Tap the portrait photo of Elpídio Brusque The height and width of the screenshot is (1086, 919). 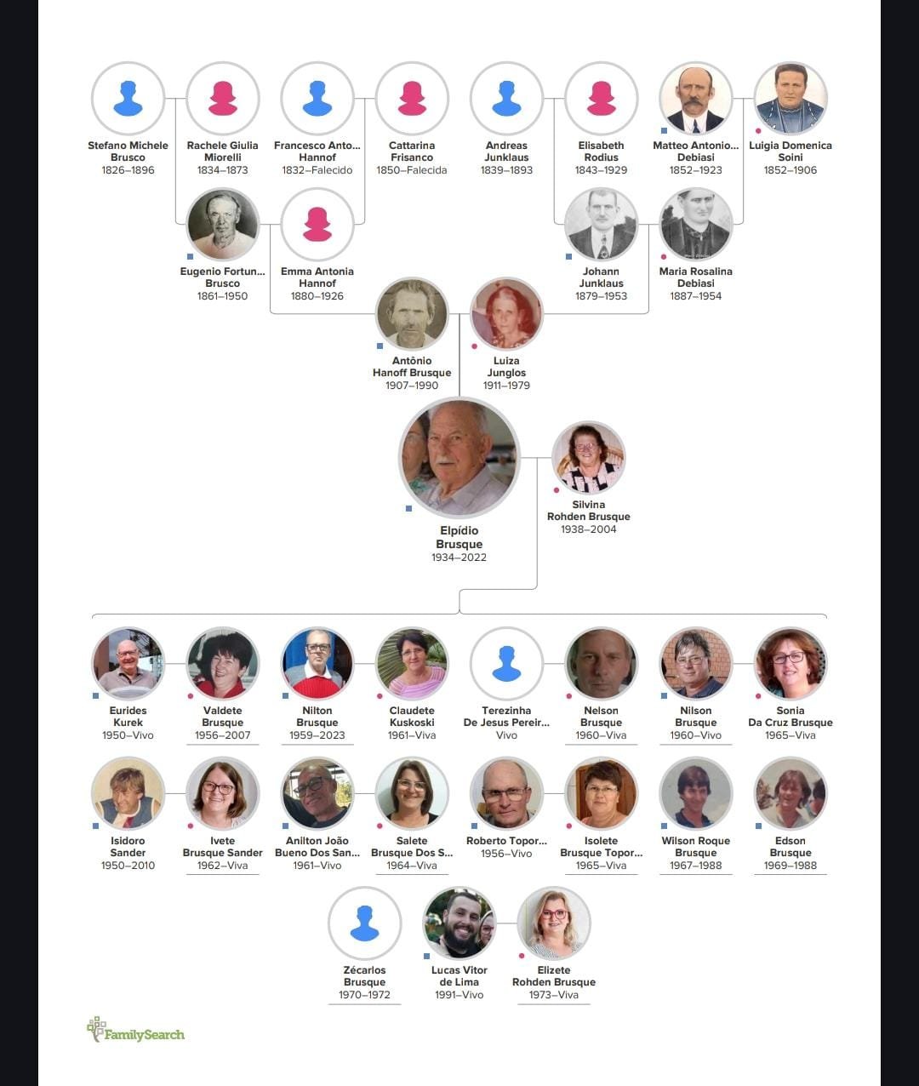click(459, 458)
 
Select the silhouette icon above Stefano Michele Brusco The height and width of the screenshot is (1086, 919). click(128, 98)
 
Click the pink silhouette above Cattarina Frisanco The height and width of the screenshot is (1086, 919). click(412, 98)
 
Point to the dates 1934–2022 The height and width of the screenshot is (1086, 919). click(459, 557)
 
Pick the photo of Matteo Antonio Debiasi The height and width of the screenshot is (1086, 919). click(696, 98)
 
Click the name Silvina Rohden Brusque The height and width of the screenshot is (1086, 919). click(589, 510)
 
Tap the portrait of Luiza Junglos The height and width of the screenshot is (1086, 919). click(506, 314)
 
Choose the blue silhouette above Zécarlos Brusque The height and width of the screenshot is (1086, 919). click(365, 923)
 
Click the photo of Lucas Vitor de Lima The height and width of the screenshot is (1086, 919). click(459, 923)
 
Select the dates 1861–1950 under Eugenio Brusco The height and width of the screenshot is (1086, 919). click(222, 296)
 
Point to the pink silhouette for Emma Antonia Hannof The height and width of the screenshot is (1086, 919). click(317, 225)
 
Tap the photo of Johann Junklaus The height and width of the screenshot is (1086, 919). click(601, 225)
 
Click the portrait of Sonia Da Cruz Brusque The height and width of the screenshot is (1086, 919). click(791, 663)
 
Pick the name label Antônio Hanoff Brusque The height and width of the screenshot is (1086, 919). click(412, 367)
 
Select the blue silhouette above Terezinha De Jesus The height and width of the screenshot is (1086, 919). click(506, 663)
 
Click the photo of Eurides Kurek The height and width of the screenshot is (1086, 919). click(128, 663)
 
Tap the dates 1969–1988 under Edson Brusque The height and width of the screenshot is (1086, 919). click(791, 866)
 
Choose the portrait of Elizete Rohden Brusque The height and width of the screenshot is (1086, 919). click(554, 923)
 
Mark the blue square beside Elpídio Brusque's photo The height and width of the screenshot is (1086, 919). click(408, 508)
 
